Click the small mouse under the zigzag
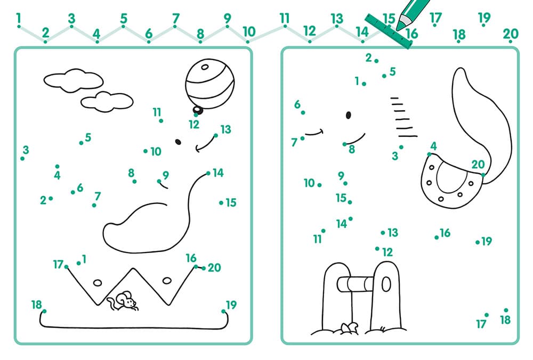pos(123,301)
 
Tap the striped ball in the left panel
pos(209,84)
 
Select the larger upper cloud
pos(74,80)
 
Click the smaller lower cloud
pos(107,102)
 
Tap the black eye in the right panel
pos(349,115)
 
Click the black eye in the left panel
pos(178,142)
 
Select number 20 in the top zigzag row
pos(511,34)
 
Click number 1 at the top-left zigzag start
pos(18,18)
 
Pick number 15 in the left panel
pos(231,203)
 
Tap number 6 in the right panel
pos(297,104)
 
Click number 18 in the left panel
pos(36,305)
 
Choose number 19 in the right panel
pos(487,241)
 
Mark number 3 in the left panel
pos(26,150)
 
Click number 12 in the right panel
pos(387,252)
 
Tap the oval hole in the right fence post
pos(386,284)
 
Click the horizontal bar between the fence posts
pos(355,284)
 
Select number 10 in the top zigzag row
pos(249,31)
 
